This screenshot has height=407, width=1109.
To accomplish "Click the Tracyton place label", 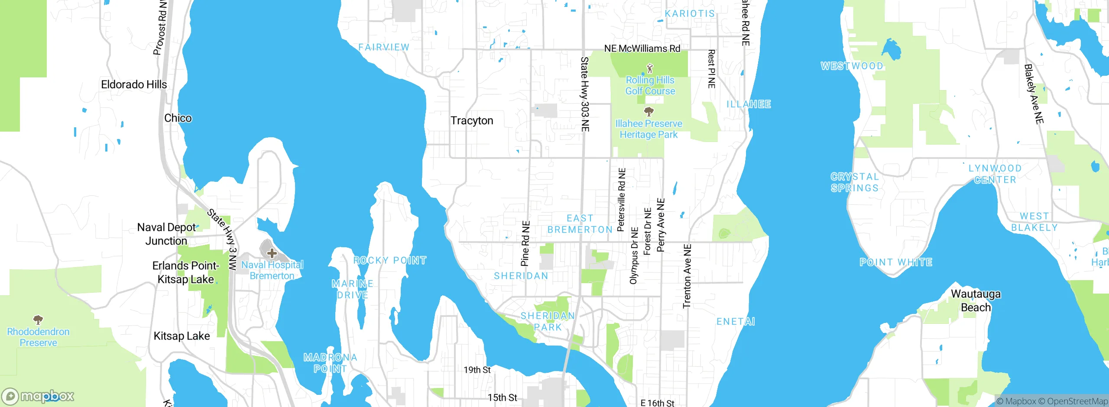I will click(x=472, y=120).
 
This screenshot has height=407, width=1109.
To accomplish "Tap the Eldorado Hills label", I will click(x=134, y=84).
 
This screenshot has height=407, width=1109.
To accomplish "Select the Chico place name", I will click(x=178, y=118).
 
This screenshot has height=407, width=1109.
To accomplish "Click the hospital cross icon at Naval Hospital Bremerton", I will click(x=272, y=253).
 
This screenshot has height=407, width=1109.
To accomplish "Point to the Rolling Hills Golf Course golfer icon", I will click(x=649, y=68).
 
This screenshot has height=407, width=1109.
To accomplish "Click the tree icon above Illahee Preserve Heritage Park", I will click(x=649, y=112).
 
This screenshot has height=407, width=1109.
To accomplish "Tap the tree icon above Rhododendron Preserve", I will click(x=38, y=320).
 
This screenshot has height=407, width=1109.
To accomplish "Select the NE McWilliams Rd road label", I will click(x=642, y=48).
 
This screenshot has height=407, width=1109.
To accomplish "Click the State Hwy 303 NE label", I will click(x=585, y=94).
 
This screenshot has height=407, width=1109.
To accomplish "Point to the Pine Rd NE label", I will click(x=525, y=243).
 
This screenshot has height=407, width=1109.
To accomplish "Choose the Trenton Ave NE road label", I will click(x=687, y=276).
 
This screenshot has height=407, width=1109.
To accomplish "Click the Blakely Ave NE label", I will click(x=1034, y=94).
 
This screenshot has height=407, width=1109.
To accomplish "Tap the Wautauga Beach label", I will click(x=976, y=300).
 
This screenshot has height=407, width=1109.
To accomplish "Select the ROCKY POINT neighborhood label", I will click(x=390, y=261).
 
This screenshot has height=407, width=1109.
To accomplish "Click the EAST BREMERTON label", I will click(x=580, y=224).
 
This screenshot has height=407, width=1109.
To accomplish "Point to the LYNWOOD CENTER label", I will click(x=995, y=174).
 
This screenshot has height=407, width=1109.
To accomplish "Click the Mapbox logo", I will click(x=38, y=396).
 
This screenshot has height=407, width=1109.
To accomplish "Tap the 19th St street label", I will click(x=477, y=370).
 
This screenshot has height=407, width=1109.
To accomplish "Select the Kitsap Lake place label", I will click(x=182, y=336).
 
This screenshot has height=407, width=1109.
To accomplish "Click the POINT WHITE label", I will click(x=896, y=262).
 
